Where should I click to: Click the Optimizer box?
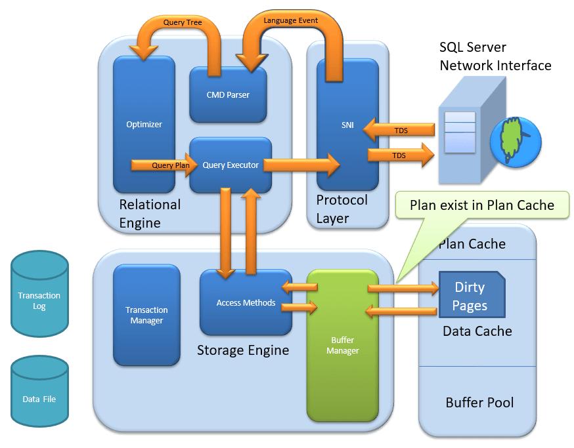(x=144, y=123)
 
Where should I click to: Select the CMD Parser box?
(x=228, y=94)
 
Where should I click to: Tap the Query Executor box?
(x=231, y=165)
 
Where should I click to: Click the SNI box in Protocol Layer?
(x=347, y=125)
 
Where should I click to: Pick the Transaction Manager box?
(x=146, y=315)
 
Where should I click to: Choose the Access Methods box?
(x=246, y=302)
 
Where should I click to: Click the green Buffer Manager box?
(x=342, y=345)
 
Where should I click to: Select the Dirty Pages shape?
(x=471, y=296)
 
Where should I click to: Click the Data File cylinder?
(x=39, y=393)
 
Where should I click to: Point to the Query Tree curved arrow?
(x=182, y=23)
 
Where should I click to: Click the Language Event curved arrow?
(x=290, y=21)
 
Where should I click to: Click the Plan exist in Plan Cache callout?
(x=481, y=205)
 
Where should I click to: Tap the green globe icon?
(x=516, y=140)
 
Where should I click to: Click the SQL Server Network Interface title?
(x=495, y=56)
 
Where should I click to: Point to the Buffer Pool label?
(x=479, y=402)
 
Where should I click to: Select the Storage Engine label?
(x=243, y=350)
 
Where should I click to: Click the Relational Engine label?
(x=150, y=213)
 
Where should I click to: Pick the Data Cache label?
(x=477, y=331)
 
